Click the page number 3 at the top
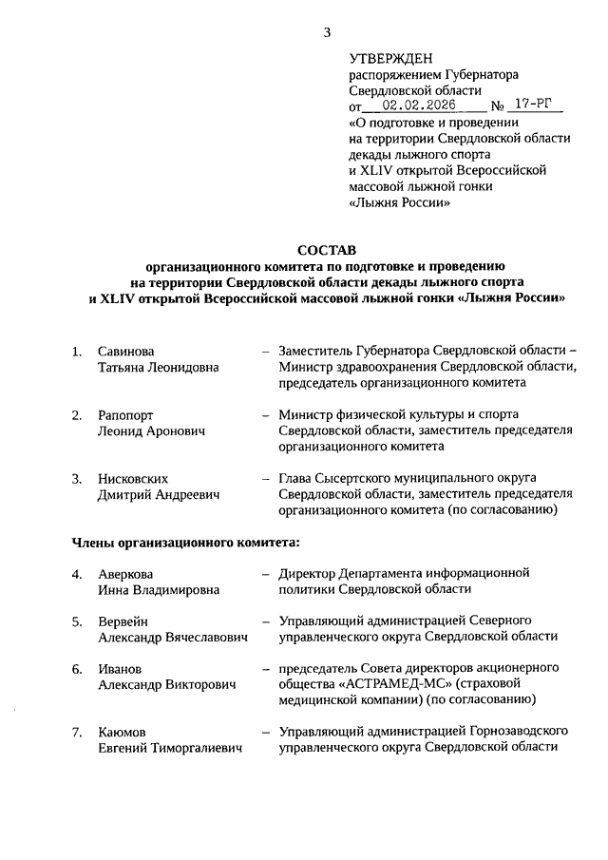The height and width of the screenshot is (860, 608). click(327, 32)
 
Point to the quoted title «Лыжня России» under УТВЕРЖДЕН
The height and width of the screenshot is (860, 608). click(395, 202)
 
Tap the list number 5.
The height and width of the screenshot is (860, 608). click(77, 621)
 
